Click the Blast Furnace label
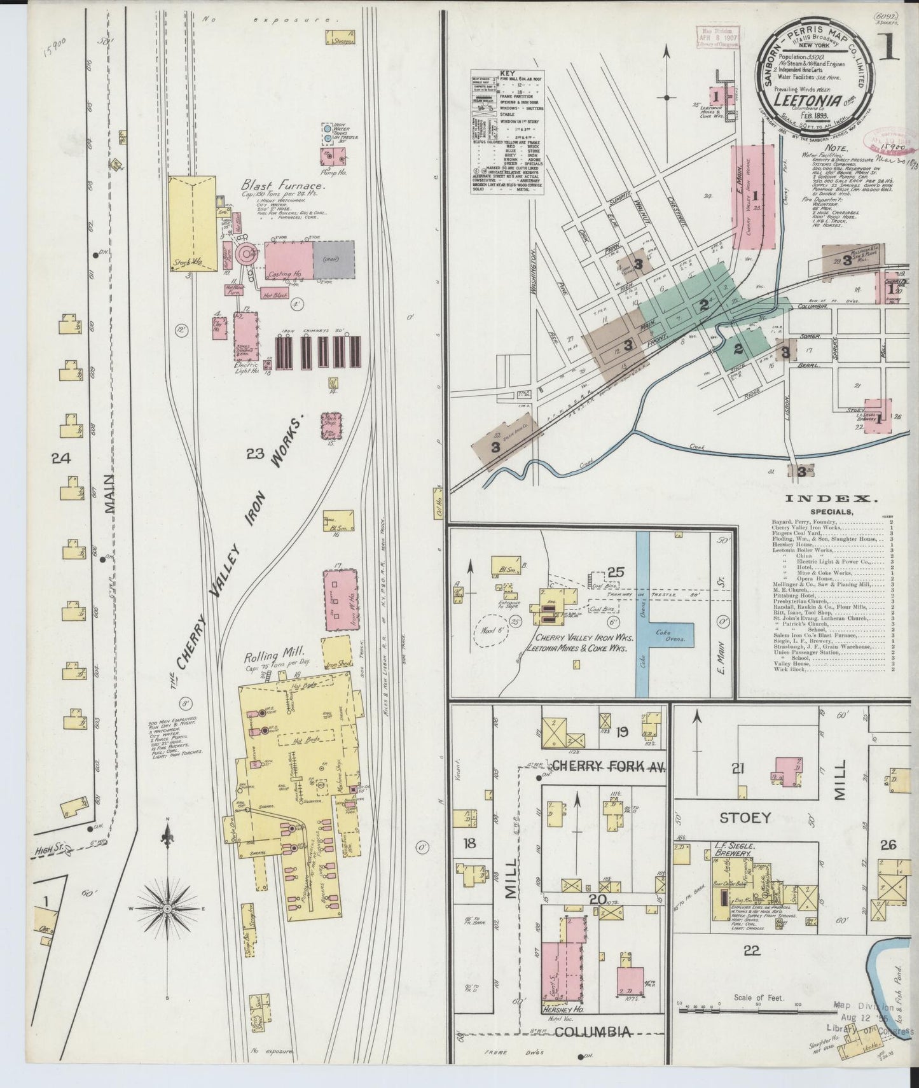pyautogui.click(x=283, y=186)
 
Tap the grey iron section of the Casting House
pyautogui.click(x=334, y=260)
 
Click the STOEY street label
pyautogui.click(x=745, y=817)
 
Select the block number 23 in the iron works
pyautogui.click(x=256, y=453)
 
